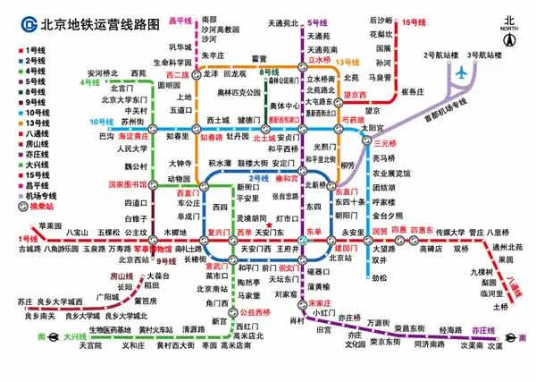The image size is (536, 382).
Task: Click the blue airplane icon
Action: (x=462, y=72)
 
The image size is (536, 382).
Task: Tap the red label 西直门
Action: (x=186, y=191)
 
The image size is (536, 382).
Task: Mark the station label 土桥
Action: (x=499, y=307)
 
